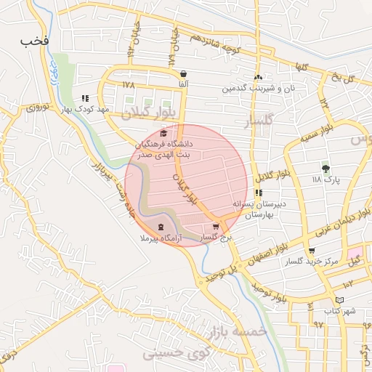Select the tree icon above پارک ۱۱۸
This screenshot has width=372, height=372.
tap(325, 168)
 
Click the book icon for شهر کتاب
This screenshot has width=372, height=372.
tap(339, 301)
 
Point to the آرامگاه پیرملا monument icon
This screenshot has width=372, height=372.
tap(161, 227)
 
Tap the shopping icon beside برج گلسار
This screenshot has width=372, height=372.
tap(216, 227)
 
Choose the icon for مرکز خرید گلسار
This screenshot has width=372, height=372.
tap(312, 251)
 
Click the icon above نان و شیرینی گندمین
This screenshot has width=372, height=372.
tap(258, 78)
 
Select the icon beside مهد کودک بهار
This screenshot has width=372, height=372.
tap(85, 98)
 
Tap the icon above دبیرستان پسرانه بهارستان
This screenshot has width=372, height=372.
tap(259, 193)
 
